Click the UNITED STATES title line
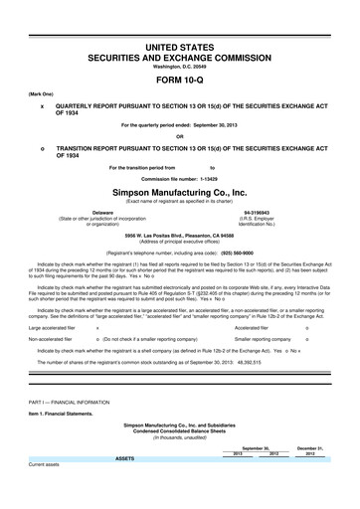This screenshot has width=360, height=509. (x=179, y=48)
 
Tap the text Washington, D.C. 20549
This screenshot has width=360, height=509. (x=179, y=67)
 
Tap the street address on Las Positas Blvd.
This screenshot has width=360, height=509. (x=179, y=236)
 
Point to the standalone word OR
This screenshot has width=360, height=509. (x=179, y=136)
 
